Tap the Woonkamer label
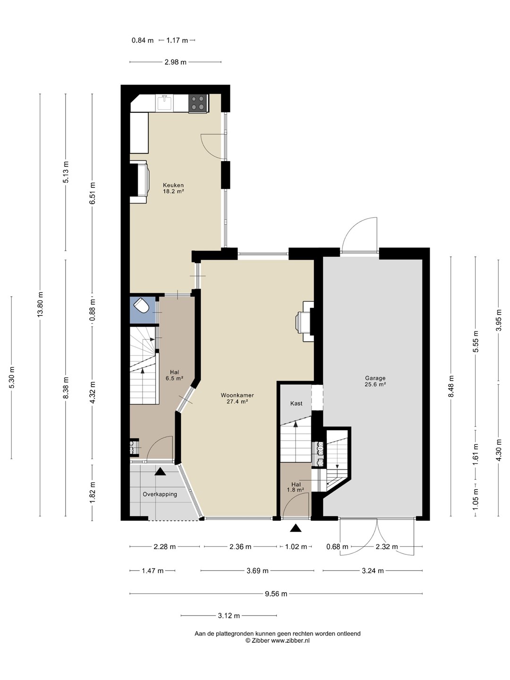237,398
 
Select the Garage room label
375,381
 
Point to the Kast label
297,403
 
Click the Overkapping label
160,494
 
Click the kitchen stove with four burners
198,103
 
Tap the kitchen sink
164,102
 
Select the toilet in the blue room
142,306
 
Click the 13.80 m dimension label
41,304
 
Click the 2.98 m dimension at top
175,62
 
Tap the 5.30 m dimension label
12,377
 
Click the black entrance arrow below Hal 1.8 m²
296,527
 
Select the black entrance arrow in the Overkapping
160,471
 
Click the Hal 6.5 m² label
174,375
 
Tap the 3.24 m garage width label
373,570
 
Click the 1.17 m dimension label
177,40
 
